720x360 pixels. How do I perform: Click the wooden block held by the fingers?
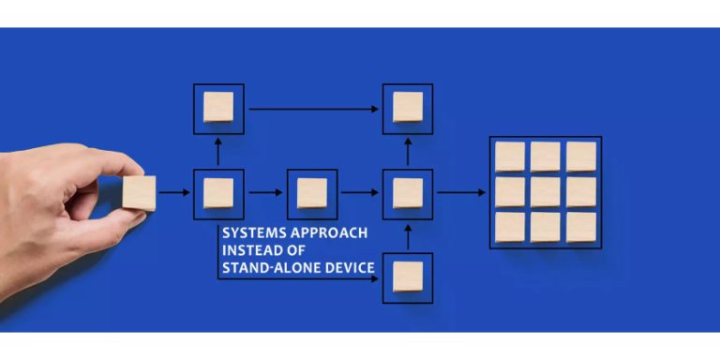pos(140,193)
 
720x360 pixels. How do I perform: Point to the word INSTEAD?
pos(248,250)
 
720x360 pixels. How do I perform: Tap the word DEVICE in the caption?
pos(353,268)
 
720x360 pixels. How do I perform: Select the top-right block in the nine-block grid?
pos(580,157)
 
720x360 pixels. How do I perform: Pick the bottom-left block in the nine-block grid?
pos(509,227)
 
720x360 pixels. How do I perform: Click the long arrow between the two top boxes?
pos(313,109)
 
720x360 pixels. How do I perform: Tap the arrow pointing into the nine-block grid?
pos(461,193)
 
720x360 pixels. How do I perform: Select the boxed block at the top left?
pos(218,108)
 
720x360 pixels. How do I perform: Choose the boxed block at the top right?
pos(407,108)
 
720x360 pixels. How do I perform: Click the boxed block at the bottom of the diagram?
pos(407,277)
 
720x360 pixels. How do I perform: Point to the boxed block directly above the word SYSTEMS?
pos(218,193)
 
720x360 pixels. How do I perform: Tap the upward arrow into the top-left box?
pos(218,150)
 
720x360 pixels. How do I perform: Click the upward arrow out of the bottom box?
pos(407,235)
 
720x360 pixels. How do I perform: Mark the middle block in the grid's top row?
pos(545,157)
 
